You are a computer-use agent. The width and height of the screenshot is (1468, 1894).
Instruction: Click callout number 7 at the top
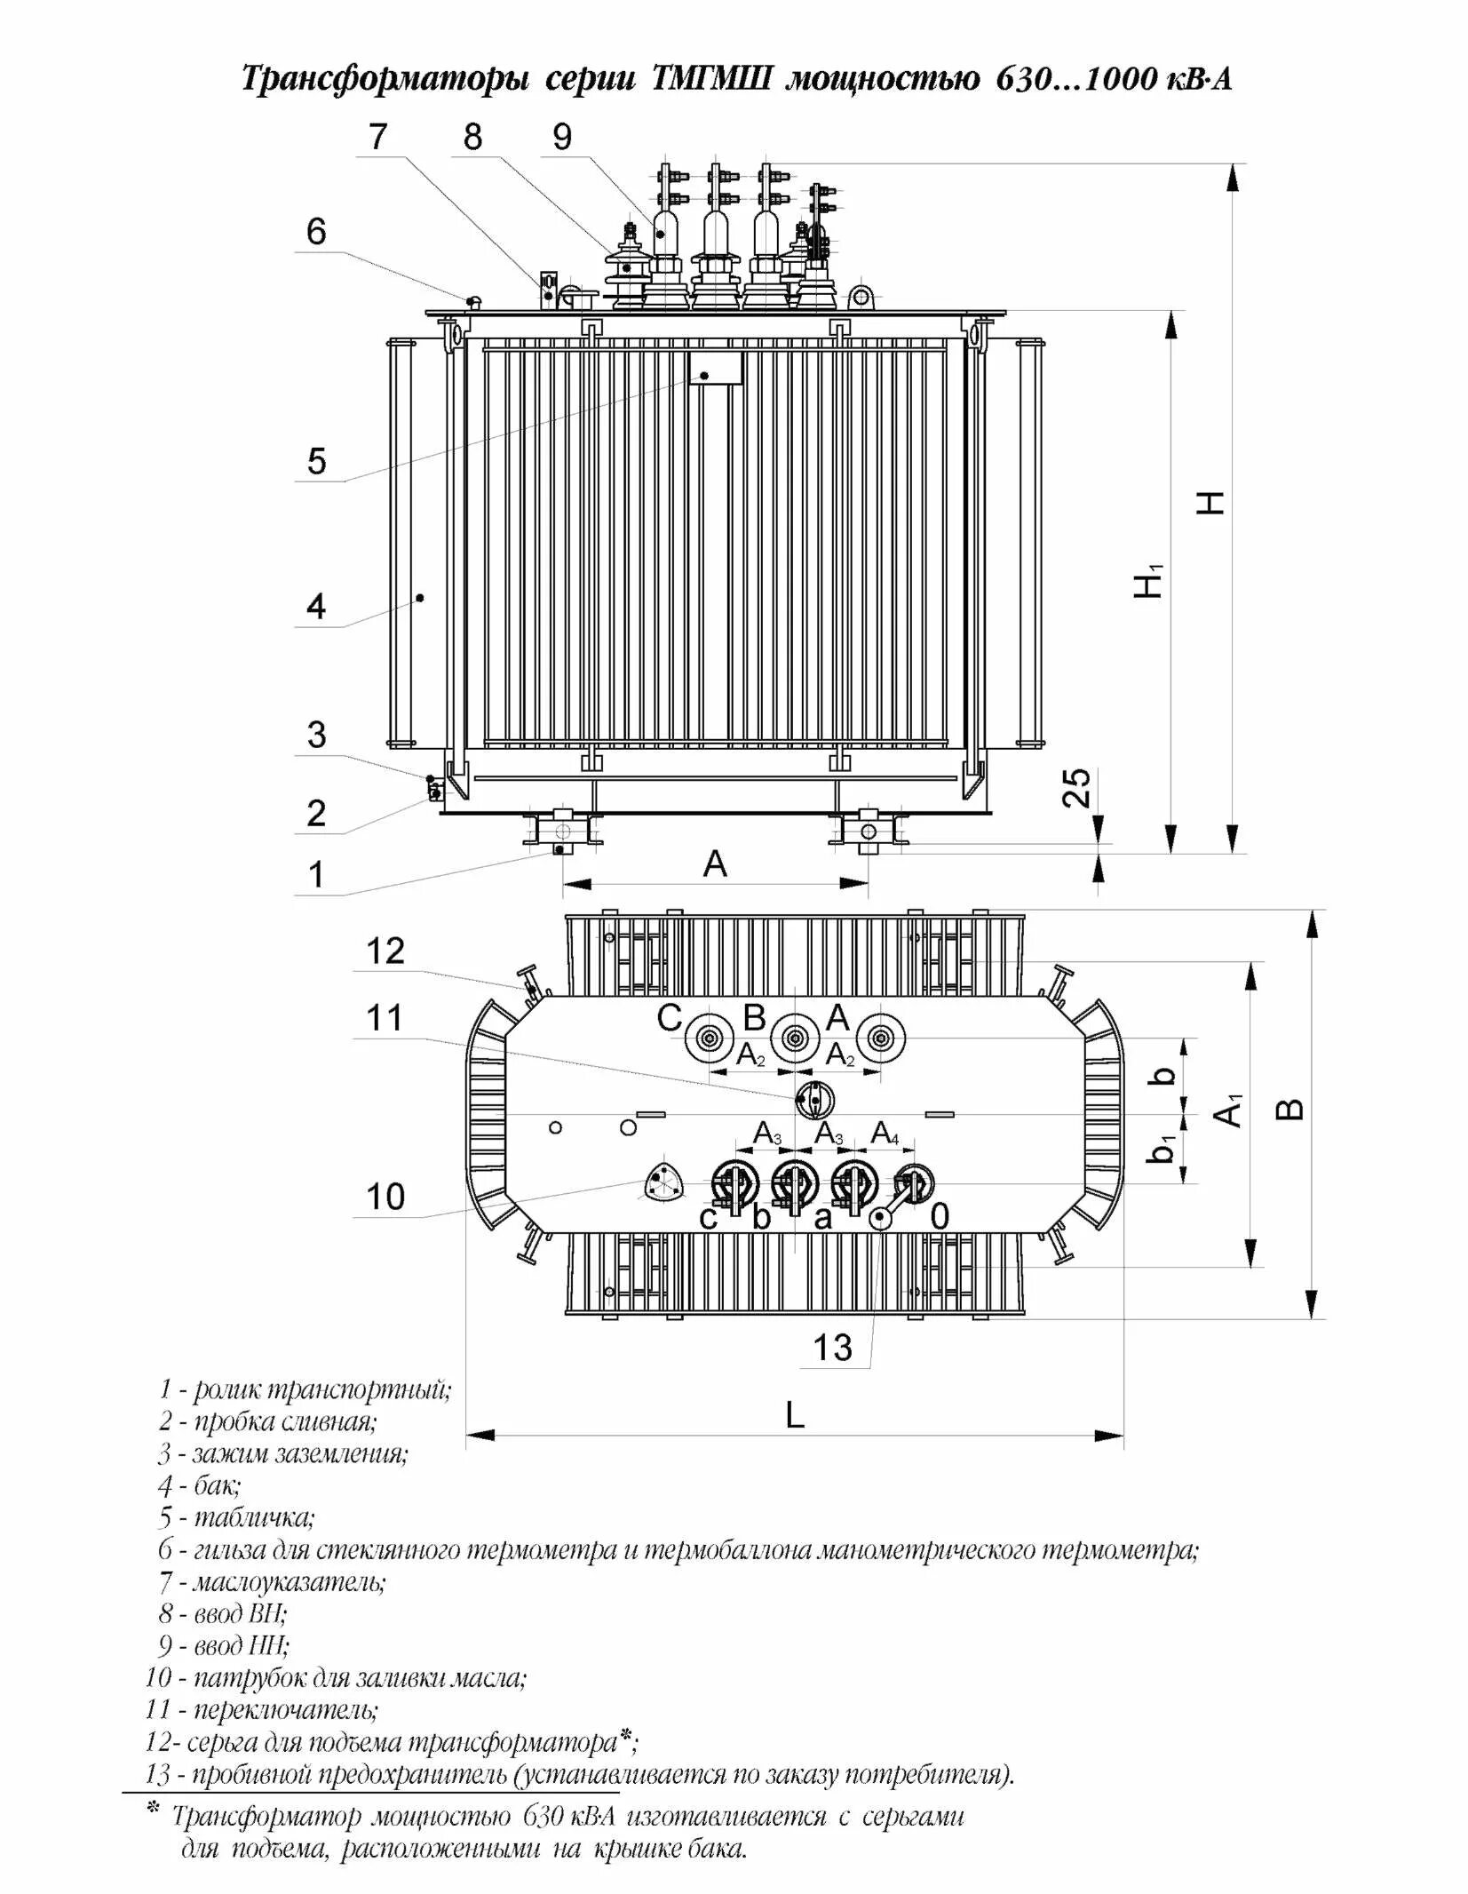pos(378,137)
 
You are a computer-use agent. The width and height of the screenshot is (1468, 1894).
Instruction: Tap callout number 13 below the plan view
pos(832,1348)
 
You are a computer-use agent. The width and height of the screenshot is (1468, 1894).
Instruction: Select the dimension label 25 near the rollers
pos(1077,787)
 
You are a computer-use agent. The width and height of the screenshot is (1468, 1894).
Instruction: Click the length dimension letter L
pos(795,1415)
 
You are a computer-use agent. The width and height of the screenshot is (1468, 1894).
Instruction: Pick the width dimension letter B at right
pos(1294,1110)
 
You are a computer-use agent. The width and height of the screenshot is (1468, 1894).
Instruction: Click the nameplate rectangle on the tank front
pos(716,368)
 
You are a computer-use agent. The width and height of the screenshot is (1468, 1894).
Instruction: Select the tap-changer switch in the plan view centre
pos(813,1100)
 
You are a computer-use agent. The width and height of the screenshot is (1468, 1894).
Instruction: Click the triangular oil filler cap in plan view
pos(663,1183)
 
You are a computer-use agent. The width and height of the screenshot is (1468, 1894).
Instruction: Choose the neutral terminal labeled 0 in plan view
pos(914,1184)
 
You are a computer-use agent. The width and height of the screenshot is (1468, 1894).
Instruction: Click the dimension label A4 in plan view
pos(885,1134)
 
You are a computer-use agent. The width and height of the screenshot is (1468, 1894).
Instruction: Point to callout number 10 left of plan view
pos(385,1197)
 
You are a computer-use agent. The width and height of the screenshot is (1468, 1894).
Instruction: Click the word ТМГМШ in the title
pos(711,80)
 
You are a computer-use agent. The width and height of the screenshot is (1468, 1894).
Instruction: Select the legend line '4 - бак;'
pos(200,1485)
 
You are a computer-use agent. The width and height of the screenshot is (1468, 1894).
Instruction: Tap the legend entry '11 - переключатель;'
pos(262,1709)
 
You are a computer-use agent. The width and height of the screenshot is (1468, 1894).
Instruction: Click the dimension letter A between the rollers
pos(715,863)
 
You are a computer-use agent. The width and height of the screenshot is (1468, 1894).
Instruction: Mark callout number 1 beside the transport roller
pos(316,874)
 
